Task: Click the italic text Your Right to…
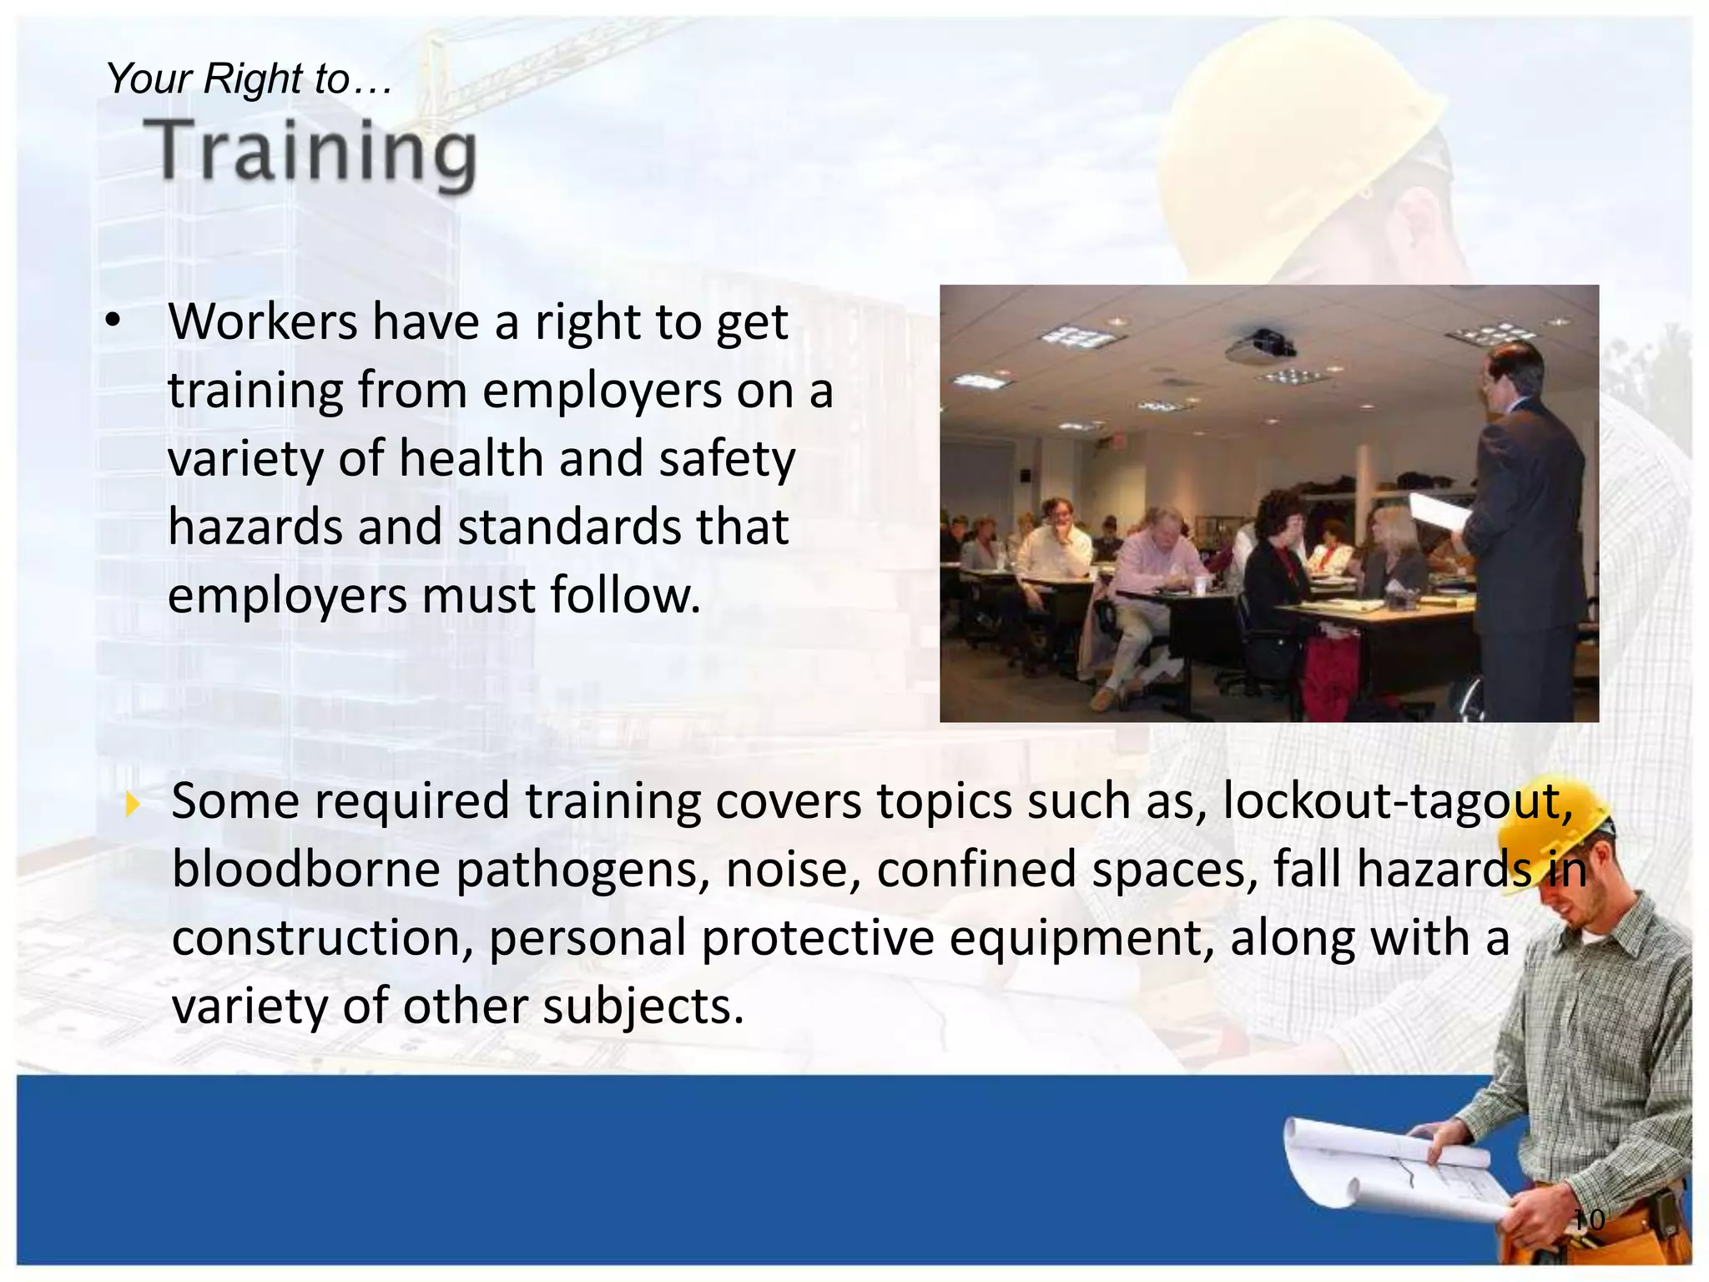[248, 79]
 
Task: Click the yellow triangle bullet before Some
[132, 805]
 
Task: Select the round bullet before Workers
[114, 321]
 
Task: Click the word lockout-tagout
[1397, 801]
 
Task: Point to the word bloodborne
[305, 870]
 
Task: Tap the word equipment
[1081, 939]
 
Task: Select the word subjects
[643, 1007]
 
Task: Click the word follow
[625, 596]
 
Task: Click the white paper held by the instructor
[1439, 511]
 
